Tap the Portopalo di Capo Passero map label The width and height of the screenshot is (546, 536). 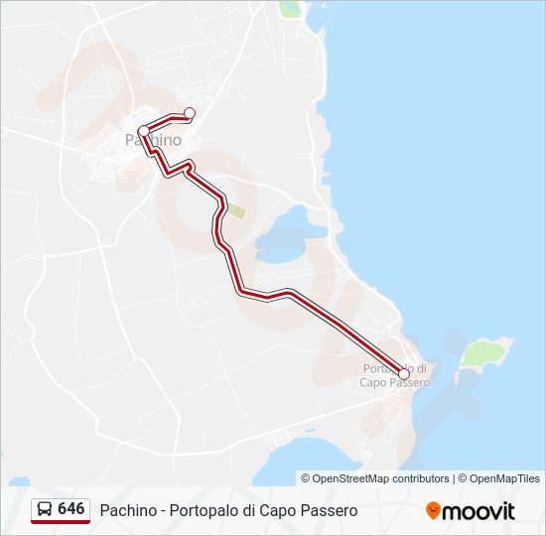coord(394,375)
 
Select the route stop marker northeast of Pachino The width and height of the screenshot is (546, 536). coord(190,112)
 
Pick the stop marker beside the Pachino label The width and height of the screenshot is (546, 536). coord(143,131)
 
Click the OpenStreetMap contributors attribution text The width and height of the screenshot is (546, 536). coord(380,478)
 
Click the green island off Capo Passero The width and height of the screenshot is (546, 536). coord(486,352)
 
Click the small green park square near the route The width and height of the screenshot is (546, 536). coord(238,210)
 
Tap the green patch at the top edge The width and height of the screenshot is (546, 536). coord(289,8)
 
